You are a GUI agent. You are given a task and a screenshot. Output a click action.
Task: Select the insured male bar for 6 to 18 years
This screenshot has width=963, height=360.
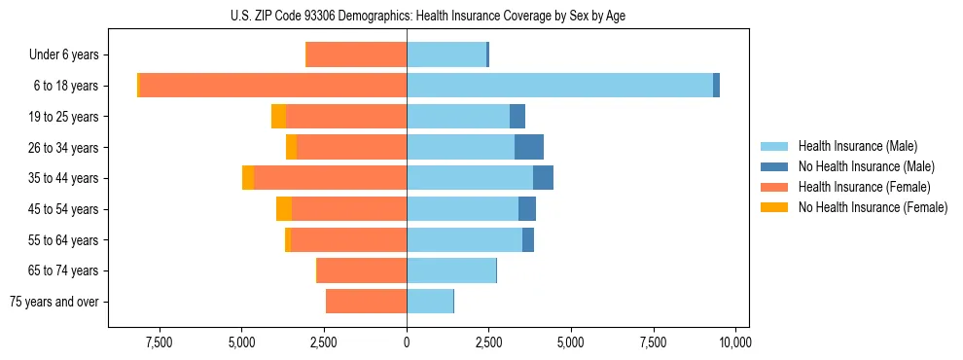coord(559,86)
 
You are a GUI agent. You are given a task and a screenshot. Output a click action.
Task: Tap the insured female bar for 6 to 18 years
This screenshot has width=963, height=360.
coord(273,86)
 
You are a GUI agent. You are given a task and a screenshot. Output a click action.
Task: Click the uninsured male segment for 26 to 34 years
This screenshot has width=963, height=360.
coord(529,147)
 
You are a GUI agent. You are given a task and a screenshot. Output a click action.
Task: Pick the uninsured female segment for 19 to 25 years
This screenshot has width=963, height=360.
coord(278,117)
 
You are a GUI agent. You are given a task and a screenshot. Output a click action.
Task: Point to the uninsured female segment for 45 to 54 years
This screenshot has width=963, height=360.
coord(284,208)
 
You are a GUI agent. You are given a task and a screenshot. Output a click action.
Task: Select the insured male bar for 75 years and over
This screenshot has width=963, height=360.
coord(430,302)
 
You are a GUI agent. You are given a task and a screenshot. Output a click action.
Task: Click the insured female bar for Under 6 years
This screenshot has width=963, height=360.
coord(357,54)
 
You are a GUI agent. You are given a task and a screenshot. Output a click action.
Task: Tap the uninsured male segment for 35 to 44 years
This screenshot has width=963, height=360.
coord(543,178)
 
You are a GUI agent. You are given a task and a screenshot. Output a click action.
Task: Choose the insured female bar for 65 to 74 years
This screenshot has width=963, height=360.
coord(362,270)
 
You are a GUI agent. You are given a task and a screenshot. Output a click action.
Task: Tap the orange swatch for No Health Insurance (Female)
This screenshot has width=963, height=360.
coord(774,207)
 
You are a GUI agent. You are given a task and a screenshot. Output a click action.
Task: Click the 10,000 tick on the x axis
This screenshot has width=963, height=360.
coord(735,342)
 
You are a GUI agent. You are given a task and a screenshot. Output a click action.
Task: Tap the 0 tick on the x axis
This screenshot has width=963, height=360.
coord(407,342)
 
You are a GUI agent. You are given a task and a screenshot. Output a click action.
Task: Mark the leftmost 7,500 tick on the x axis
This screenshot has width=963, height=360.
coord(159,342)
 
